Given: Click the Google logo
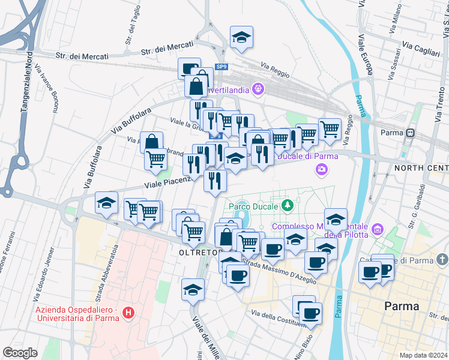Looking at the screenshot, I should pos(20,352).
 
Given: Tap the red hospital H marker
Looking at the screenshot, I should pos(127,313).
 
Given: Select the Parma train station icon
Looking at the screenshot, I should pos(411,133).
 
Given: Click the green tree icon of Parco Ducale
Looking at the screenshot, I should pos(288,206).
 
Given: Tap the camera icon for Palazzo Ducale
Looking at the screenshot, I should pos(322,170).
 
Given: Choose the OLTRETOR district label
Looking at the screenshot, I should pos(196,253).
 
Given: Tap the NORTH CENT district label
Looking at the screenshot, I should pos(421,167).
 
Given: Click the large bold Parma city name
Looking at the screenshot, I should pos(402,306).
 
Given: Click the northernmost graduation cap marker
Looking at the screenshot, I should pos(241,37).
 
